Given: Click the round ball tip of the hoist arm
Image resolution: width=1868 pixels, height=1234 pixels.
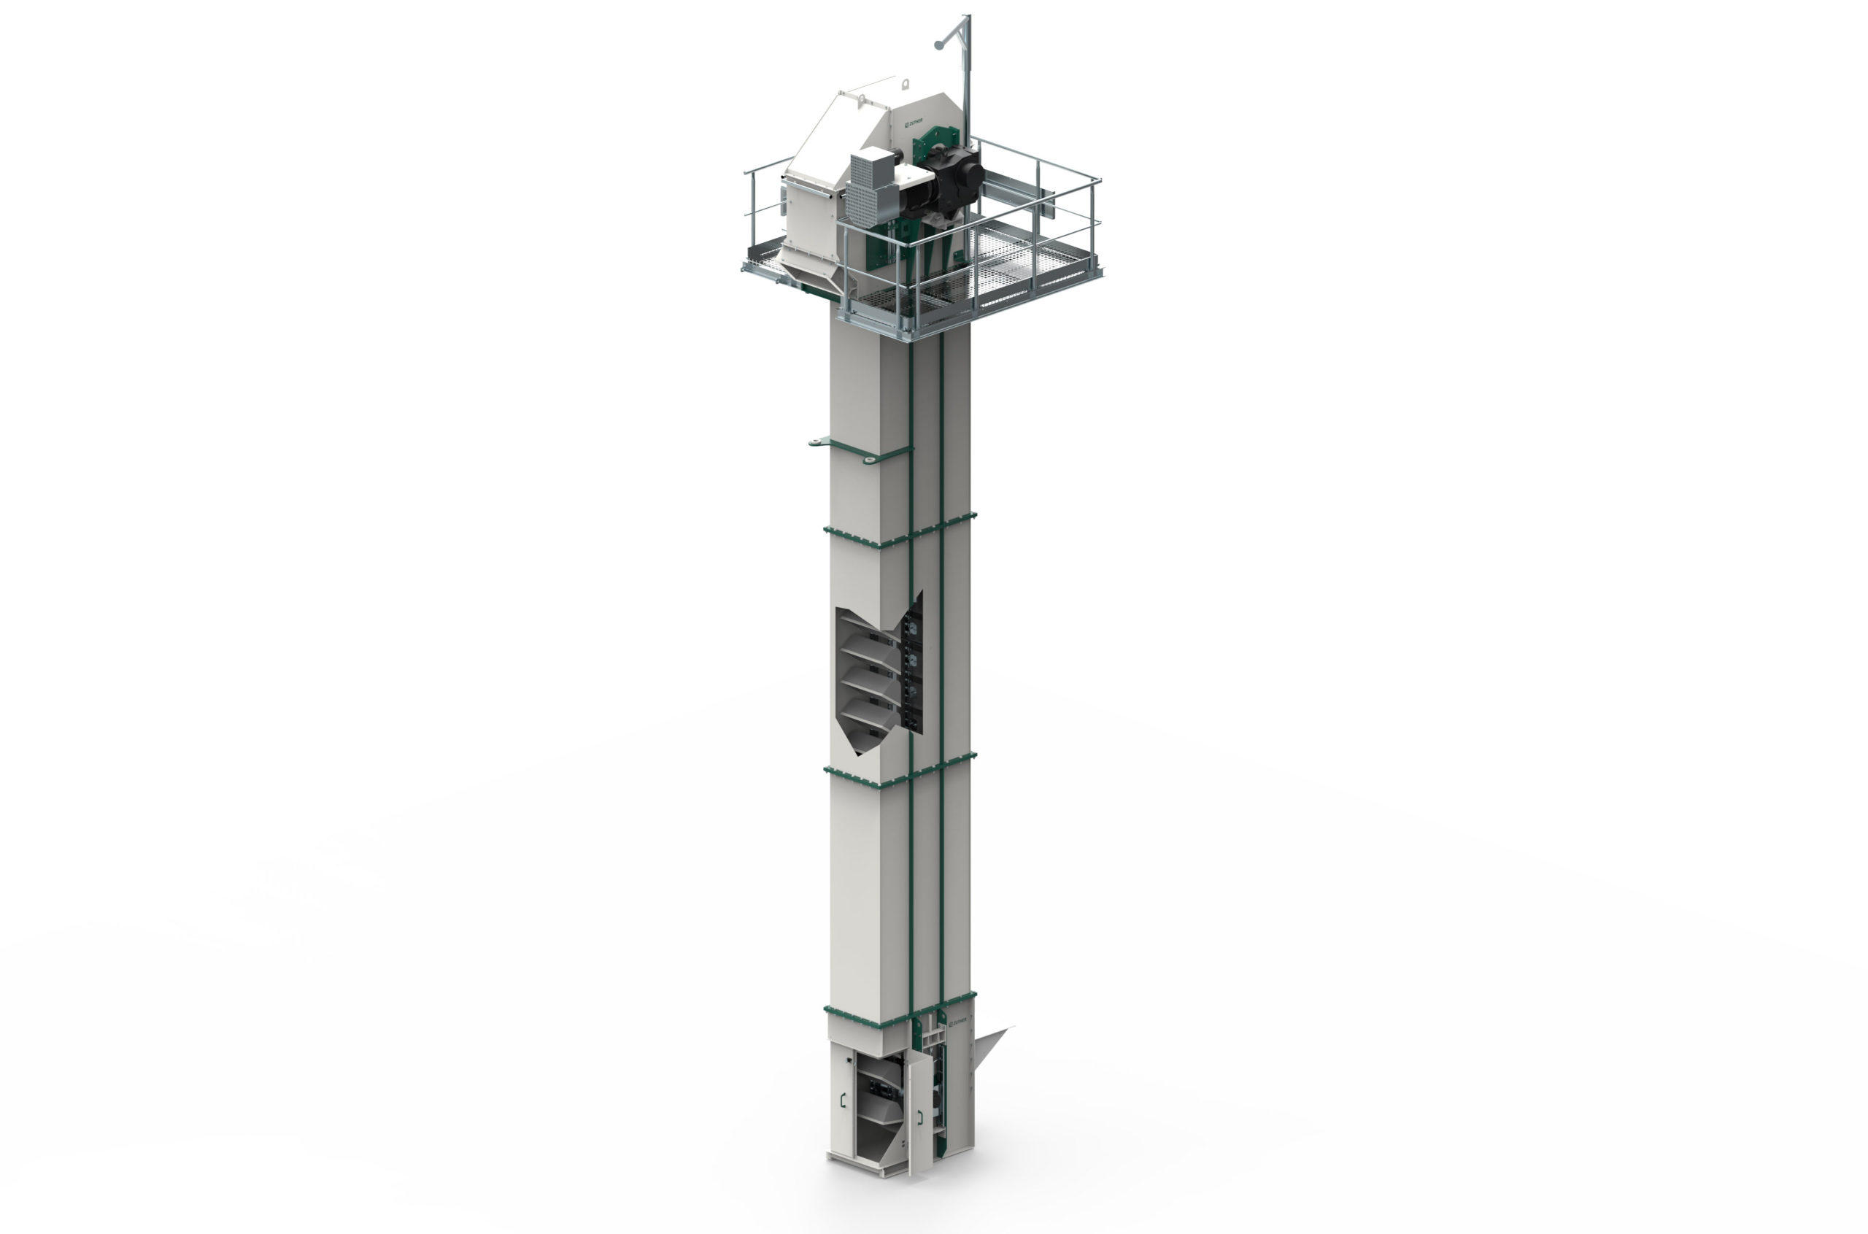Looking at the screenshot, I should pyautogui.click(x=938, y=45).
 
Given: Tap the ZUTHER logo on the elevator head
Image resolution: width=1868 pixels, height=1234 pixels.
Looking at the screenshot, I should pyautogui.click(x=914, y=122).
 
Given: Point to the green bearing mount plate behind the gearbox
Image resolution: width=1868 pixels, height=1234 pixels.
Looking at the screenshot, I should pyautogui.click(x=928, y=146).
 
